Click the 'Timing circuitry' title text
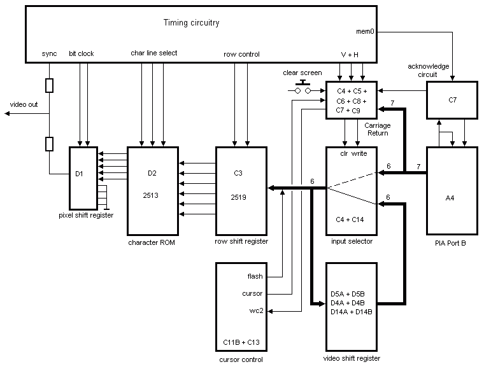(x=192, y=22)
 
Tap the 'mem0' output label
(x=365, y=31)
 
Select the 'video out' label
(x=24, y=104)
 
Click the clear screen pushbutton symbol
(x=302, y=87)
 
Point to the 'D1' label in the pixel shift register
(x=79, y=174)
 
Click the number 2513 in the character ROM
(x=151, y=195)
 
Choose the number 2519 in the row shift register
(x=239, y=197)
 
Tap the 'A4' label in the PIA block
(x=450, y=198)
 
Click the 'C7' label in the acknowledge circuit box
(x=452, y=100)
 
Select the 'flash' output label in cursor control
(x=255, y=276)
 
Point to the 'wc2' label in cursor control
(x=256, y=310)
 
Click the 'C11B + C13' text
(x=241, y=342)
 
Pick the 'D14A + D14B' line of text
(x=352, y=312)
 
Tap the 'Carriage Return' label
(x=378, y=129)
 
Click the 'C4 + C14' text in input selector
(x=350, y=219)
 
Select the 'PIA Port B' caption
(x=450, y=243)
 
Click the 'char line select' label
(x=154, y=53)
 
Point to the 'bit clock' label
(x=81, y=53)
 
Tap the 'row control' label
(x=241, y=54)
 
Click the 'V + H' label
(x=350, y=55)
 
